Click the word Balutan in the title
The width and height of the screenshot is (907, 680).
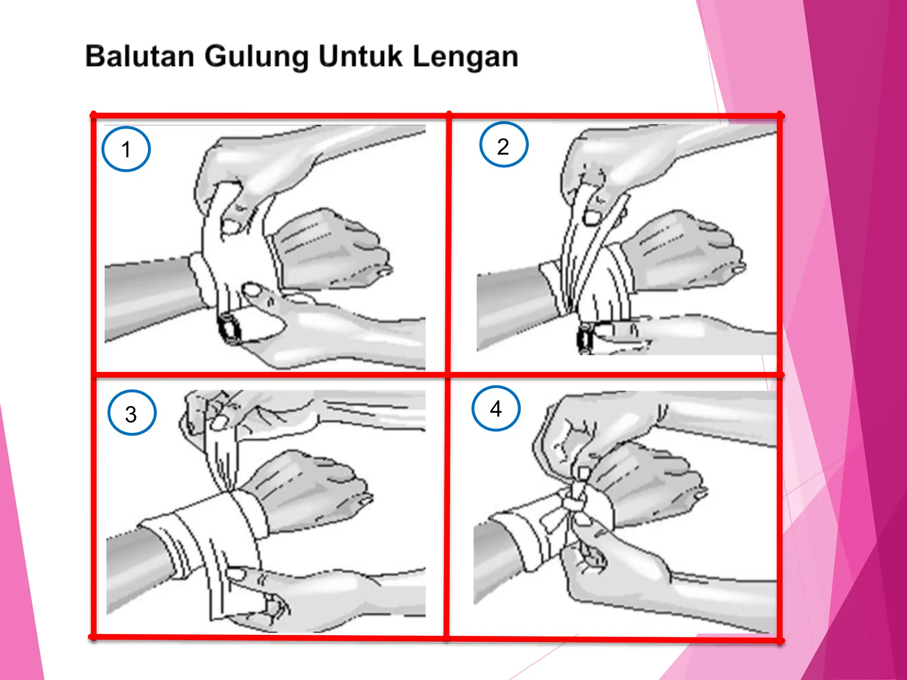pos(140,57)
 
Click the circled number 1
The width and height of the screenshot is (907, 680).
pos(126,149)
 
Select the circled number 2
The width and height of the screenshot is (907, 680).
pos(504,145)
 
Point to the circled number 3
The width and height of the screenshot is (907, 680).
pos(132,413)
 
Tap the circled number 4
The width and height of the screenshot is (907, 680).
pos(496,408)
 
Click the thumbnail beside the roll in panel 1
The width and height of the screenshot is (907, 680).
pos(252,291)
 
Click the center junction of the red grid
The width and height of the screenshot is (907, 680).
pos(448,375)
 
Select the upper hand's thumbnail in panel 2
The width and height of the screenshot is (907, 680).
pos(592,216)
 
